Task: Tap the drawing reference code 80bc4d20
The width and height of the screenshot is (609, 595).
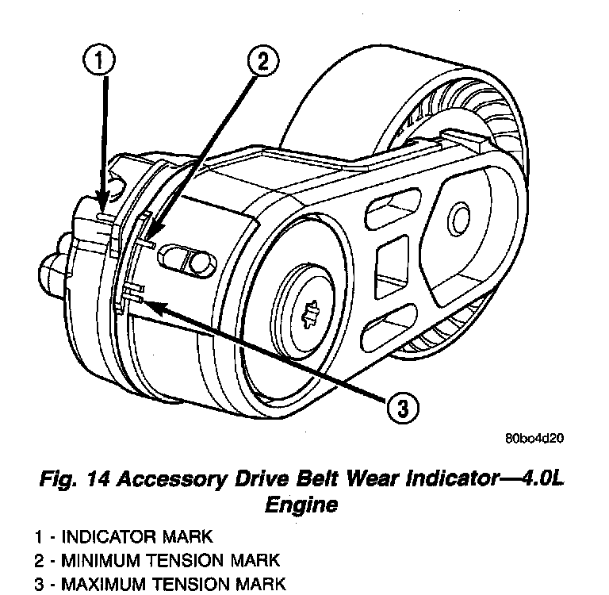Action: pyautogui.click(x=536, y=437)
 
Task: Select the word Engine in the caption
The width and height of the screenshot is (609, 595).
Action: pyautogui.click(x=304, y=504)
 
